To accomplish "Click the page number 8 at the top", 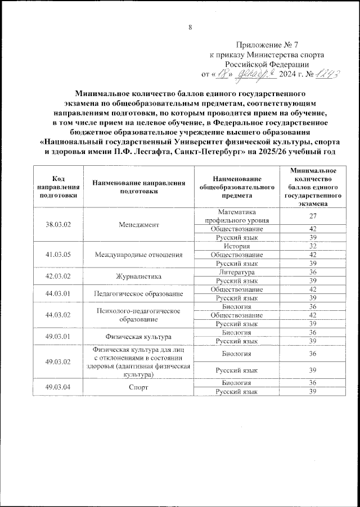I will click(190, 28).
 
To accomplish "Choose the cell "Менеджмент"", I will click(138, 224).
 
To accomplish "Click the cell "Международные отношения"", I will click(138, 255).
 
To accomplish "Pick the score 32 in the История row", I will click(312, 246).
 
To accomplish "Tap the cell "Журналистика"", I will click(138, 276).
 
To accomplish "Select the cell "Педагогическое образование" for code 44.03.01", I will click(138, 293).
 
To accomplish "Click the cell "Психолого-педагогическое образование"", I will click(138, 315).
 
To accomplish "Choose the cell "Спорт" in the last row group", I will click(138, 387).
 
